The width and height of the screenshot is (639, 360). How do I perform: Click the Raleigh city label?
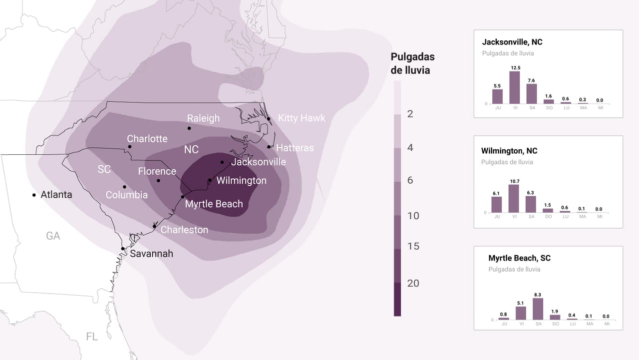tap(203, 118)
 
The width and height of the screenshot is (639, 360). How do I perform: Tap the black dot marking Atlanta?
tap(34, 195)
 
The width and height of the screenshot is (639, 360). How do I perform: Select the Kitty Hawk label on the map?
tap(302, 118)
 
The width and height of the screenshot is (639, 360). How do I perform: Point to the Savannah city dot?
tap(123, 249)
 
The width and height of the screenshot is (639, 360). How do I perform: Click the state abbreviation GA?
tap(53, 236)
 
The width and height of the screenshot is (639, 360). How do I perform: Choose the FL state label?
tap(92, 337)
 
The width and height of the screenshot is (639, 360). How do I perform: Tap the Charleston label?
tap(184, 230)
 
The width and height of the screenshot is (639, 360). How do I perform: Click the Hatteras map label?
tap(295, 148)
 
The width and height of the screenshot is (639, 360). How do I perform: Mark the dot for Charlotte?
tap(130, 147)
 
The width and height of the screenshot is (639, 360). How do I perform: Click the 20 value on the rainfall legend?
tap(413, 283)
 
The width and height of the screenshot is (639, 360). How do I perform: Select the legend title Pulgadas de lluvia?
tap(412, 63)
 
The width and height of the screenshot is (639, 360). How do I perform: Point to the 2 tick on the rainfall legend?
tap(410, 114)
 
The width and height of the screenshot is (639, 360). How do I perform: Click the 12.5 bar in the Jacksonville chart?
tap(514, 87)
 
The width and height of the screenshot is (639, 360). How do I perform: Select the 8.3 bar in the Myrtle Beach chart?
tap(538, 309)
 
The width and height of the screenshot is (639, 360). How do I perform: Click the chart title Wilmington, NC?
tap(509, 151)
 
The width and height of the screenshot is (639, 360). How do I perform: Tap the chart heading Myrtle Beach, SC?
tap(519, 258)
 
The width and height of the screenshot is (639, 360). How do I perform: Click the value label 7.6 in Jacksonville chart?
tap(532, 80)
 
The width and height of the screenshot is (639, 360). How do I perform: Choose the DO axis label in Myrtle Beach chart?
tap(555, 324)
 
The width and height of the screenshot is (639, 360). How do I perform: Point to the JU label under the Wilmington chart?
tap(497, 217)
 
